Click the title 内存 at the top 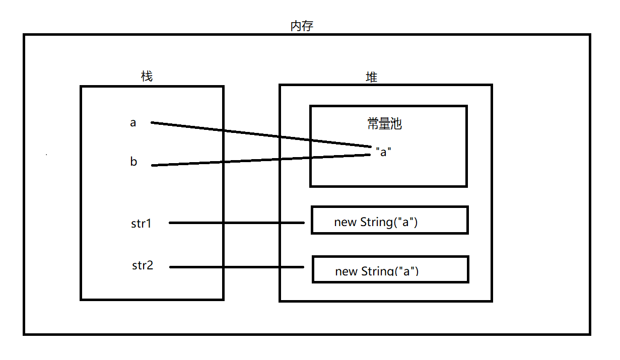302,26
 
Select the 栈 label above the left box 147,77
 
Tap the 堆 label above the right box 371,77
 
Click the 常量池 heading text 385,124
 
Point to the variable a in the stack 133,122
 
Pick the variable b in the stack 133,162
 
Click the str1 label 141,224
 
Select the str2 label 143,265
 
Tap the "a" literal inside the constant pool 384,152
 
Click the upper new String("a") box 389,220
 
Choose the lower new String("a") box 390,269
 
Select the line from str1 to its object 237,223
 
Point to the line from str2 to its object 237,267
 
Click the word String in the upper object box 376,222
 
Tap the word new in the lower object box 346,272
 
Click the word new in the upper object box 345,223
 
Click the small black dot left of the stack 46,155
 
